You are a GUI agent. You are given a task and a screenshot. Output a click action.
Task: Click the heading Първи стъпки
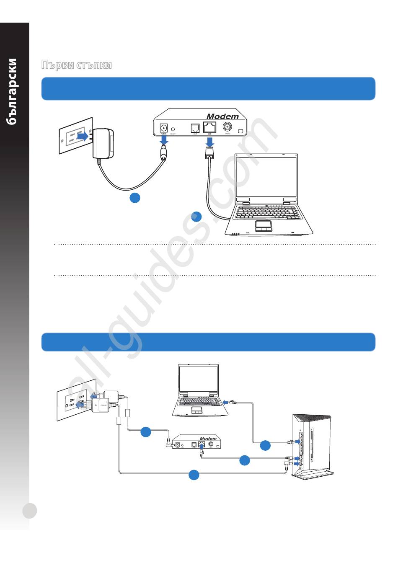coord(76,65)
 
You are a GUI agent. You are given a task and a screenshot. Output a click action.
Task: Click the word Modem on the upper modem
coord(222,116)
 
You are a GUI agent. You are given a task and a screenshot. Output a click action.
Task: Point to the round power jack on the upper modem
coord(164,127)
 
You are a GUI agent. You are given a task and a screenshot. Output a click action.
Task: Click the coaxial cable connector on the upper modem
coord(227,127)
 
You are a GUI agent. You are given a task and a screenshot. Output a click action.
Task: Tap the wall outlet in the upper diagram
coord(75,135)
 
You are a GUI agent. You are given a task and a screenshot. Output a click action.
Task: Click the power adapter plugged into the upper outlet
coord(103,143)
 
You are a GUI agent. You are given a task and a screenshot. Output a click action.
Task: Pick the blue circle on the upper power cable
coord(134,198)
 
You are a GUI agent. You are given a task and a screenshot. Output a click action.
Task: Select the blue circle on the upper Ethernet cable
coord(196,217)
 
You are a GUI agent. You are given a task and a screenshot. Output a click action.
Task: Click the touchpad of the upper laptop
coord(264,226)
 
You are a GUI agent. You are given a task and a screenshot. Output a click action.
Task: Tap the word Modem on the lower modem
coord(208,438)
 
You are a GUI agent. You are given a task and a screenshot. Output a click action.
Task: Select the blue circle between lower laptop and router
coord(265,446)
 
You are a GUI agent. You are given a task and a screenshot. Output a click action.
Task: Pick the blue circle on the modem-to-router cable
coord(245,460)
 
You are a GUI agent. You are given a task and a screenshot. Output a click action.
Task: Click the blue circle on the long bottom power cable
coord(194,475)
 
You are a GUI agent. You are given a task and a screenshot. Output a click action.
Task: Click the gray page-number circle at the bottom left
coord(30,511)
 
